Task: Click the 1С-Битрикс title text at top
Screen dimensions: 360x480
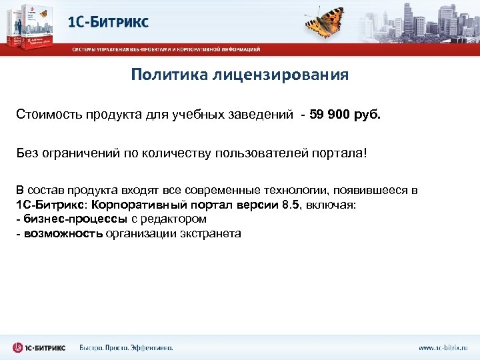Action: [108, 22]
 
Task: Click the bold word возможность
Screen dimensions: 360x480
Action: [63, 233]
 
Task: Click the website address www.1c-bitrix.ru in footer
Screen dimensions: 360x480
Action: [443, 347]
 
